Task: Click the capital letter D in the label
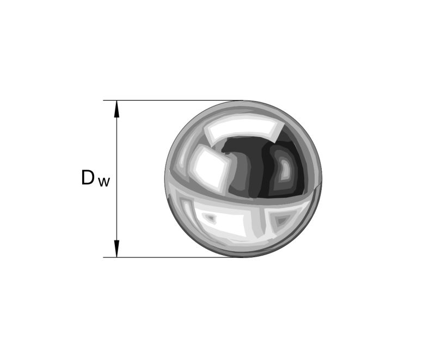[x=88, y=177]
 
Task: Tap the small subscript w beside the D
[x=104, y=182]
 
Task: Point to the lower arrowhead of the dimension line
[x=116, y=249]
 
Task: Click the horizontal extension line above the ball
[x=174, y=100]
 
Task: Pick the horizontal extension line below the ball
[x=174, y=257]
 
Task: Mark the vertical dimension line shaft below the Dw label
[x=116, y=218]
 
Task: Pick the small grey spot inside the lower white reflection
[x=211, y=218]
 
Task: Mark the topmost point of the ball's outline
[x=243, y=101]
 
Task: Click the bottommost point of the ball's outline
[x=243, y=257]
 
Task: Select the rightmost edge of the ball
[x=322, y=178]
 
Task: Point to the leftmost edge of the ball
[x=165, y=178]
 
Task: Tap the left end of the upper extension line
[x=105, y=100]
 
